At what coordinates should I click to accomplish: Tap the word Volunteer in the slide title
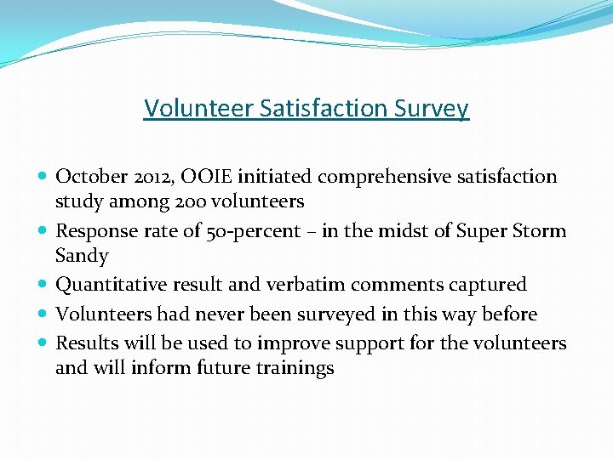[x=187, y=109]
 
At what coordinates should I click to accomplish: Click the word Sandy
[x=82, y=256]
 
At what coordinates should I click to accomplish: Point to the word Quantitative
[x=111, y=285]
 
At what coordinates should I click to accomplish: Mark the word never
[x=225, y=314]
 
